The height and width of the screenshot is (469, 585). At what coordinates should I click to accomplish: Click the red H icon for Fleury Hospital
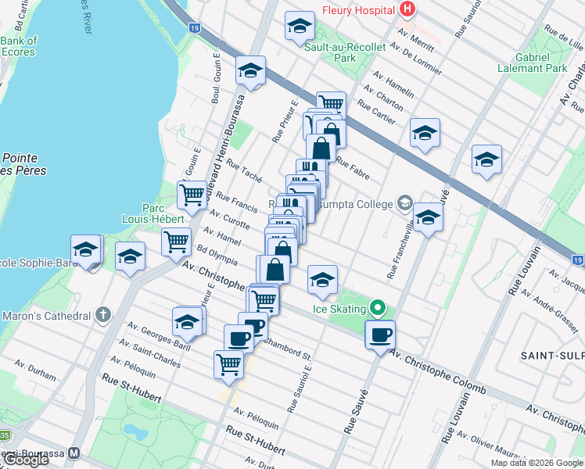(x=407, y=9)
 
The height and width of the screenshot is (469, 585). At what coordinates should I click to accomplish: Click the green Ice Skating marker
(x=378, y=308)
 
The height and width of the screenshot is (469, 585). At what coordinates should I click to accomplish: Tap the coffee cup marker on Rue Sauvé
(x=380, y=335)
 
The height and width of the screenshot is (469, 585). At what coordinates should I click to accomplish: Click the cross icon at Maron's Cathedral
(x=102, y=316)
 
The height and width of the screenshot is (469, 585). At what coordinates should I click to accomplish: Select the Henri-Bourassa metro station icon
(x=74, y=453)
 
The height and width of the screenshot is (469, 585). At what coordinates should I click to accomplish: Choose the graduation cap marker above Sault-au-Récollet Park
(x=298, y=27)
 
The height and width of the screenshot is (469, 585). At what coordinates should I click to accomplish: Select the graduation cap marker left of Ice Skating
(x=322, y=280)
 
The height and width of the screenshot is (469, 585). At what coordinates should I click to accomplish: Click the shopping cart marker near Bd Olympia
(x=177, y=241)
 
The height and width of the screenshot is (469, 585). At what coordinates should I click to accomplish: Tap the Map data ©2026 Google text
(x=537, y=463)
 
